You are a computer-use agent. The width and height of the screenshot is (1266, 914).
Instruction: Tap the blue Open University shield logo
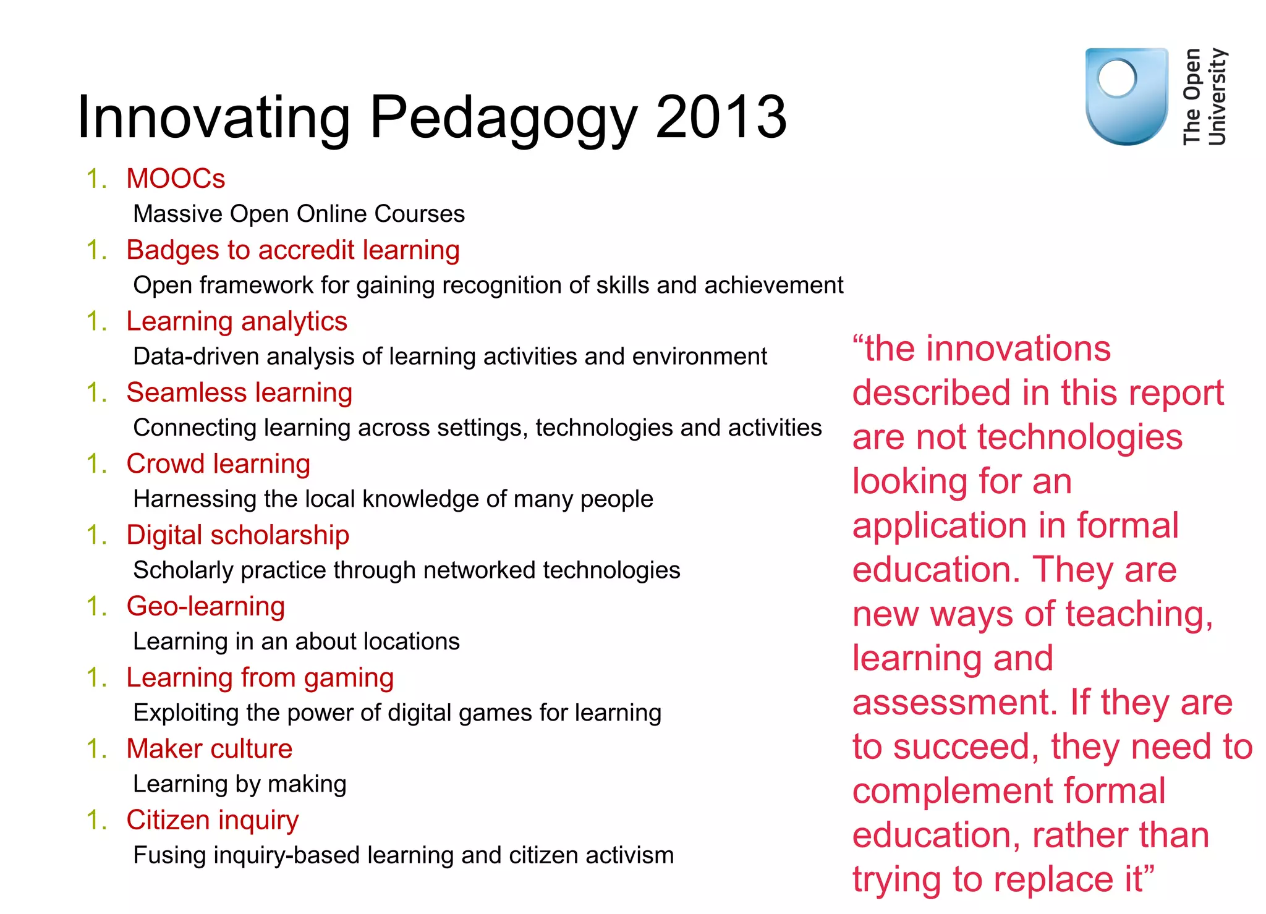pyautogui.click(x=1126, y=96)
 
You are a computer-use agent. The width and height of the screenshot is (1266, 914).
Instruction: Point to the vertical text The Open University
pyautogui.click(x=1204, y=96)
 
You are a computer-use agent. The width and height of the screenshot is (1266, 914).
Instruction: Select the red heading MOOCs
pyautogui.click(x=176, y=179)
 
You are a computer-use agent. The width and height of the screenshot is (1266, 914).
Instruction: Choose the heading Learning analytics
pyautogui.click(x=237, y=321)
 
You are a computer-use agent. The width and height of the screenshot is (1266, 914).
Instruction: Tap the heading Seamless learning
pyautogui.click(x=239, y=393)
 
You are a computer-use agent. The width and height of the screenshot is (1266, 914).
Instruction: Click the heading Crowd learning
pyautogui.click(x=218, y=464)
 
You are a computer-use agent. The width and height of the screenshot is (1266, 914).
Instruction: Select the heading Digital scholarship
pyautogui.click(x=237, y=535)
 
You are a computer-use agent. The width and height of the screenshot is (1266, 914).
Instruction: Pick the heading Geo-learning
pyautogui.click(x=206, y=607)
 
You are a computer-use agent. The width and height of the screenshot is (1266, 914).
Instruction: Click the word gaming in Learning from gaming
pyautogui.click(x=349, y=679)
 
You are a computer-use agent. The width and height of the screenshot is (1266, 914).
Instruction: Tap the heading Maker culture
pyautogui.click(x=209, y=749)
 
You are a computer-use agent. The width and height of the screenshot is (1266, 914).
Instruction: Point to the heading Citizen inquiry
pyautogui.click(x=212, y=821)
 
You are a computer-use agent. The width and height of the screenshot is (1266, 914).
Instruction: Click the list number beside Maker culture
pyautogui.click(x=96, y=749)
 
